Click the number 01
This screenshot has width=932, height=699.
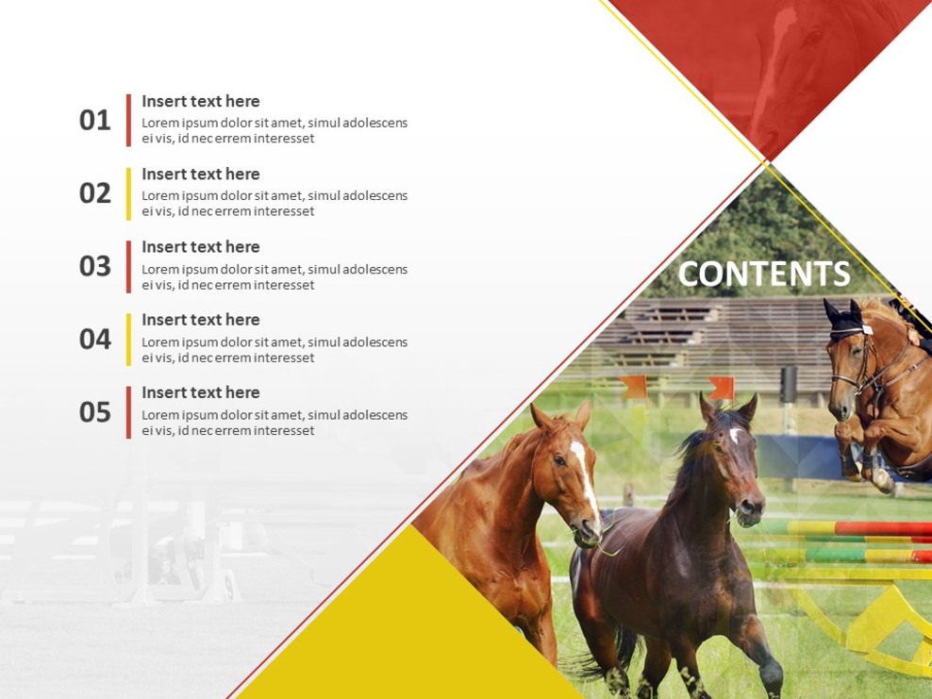(94, 121)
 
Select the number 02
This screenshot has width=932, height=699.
(94, 193)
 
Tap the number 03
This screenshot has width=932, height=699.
(94, 266)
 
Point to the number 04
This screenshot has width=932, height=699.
(94, 339)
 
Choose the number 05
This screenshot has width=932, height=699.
(94, 412)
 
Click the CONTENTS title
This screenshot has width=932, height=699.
(764, 274)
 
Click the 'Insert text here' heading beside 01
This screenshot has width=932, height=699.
(200, 101)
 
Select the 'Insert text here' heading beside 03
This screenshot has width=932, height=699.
(200, 246)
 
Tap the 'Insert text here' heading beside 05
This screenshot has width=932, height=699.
(200, 392)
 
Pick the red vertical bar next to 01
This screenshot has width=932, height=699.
(128, 120)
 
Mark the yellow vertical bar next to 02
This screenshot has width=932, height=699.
(128, 193)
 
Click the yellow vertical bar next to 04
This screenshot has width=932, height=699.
(128, 339)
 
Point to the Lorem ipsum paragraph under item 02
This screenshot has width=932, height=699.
(275, 203)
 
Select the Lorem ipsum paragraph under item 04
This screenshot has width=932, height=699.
(275, 349)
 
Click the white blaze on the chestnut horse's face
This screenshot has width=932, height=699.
(584, 476)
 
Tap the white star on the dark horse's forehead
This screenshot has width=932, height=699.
(734, 435)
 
